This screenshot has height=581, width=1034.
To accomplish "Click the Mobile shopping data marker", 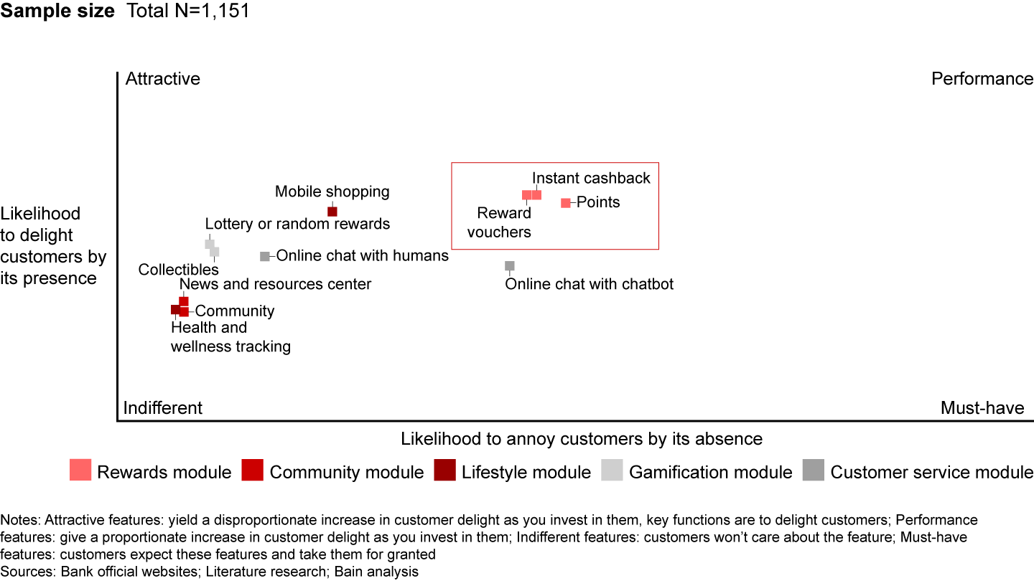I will pos(332,211).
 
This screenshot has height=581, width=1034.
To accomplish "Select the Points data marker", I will pos(566,203).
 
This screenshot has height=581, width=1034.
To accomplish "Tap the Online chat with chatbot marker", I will pos(510,266).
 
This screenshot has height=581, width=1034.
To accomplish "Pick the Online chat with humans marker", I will pos(265,256).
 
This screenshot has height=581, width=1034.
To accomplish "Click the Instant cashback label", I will pos(591,178).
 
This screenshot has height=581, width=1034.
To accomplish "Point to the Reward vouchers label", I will pos(504,222).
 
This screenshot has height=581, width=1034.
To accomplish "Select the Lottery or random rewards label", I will pos(297,224).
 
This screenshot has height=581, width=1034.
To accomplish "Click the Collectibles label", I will pos(178,270).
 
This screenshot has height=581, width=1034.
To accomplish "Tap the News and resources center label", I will pos(275,284).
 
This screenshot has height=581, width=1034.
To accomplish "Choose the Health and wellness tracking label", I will pos(230,337).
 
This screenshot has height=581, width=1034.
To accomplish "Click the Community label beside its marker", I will pos(235,311).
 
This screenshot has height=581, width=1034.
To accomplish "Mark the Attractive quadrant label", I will pos(163,78).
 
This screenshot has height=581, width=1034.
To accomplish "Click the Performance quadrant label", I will pos(982,78).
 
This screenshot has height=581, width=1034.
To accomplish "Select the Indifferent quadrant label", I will pos(163,408).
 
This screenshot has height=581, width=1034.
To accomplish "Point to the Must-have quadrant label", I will pos(982,408).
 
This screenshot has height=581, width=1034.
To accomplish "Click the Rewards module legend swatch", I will pos(80,470).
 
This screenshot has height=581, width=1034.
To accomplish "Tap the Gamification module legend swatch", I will pos(613,470).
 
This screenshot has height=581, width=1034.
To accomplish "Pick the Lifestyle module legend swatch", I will pos(445,470).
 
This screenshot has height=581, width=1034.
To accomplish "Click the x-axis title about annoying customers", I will pos(582,438).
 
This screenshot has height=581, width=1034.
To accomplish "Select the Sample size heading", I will pos(57,11).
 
